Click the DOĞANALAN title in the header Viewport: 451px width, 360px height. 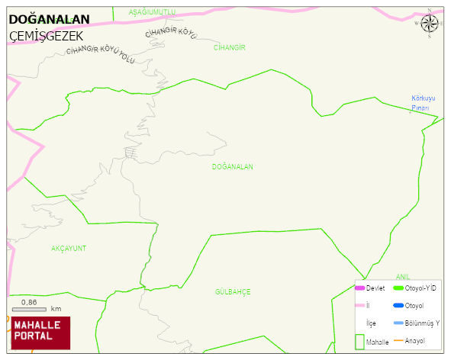tap(49, 19)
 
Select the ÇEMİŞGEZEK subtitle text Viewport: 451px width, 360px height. tap(47, 36)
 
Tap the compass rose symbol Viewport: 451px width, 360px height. tap(429, 23)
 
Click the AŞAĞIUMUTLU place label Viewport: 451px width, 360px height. tap(152, 12)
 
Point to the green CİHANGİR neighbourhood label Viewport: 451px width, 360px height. tap(229, 47)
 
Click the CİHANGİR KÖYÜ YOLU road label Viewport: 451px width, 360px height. tap(101, 54)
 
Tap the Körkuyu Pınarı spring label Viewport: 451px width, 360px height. tap(422, 103)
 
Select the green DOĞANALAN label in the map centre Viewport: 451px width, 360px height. tap(233, 166)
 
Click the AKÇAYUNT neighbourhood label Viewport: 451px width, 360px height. tap(69, 249)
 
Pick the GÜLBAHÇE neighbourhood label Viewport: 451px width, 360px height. tap(233, 292)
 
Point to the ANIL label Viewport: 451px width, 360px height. tap(403, 276)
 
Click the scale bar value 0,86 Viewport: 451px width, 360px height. tap(29, 302)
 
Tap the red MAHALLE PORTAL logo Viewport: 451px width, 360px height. tap(40, 332)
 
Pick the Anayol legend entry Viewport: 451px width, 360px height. tap(414, 340)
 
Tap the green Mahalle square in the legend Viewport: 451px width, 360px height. tap(360, 341)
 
